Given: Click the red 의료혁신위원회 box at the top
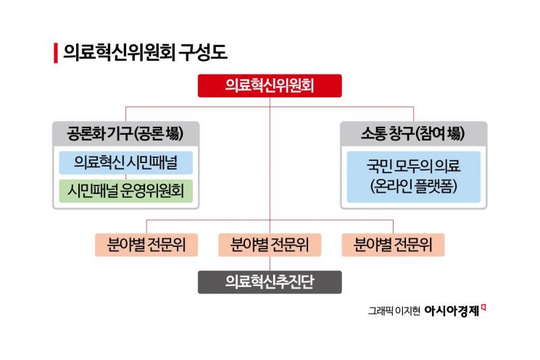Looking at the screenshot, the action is (x=270, y=86).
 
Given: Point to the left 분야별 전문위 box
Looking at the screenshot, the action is (x=146, y=245).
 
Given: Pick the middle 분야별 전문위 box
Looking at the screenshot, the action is (x=270, y=245).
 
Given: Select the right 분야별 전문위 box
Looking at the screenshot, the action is (x=393, y=245).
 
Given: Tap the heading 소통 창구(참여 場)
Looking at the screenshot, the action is (x=414, y=134).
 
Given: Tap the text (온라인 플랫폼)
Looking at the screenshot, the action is (x=414, y=185).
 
